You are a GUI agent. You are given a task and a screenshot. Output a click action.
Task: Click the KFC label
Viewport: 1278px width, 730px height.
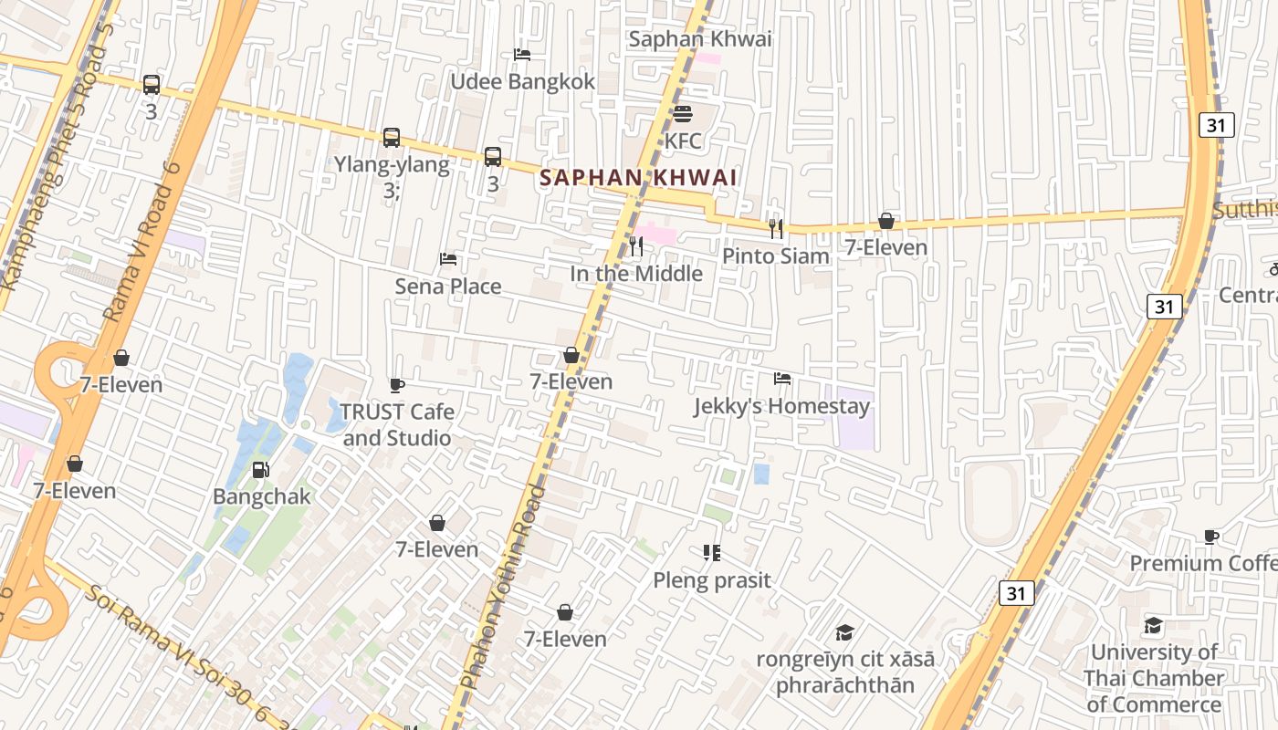click(x=683, y=141)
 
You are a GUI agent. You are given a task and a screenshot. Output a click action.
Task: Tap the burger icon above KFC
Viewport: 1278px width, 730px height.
click(x=683, y=114)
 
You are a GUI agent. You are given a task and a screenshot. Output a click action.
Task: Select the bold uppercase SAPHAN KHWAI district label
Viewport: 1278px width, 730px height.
click(x=638, y=177)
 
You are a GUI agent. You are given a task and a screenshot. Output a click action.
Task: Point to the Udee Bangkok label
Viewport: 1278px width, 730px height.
click(x=522, y=81)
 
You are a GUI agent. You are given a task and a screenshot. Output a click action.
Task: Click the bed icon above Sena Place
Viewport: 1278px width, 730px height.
click(x=448, y=259)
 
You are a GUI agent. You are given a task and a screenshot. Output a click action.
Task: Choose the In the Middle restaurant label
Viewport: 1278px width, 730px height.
click(x=636, y=273)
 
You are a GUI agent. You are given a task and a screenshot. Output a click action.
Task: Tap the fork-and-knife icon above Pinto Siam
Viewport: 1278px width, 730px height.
click(x=776, y=229)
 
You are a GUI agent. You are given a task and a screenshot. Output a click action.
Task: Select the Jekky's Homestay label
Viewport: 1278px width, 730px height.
click(x=781, y=405)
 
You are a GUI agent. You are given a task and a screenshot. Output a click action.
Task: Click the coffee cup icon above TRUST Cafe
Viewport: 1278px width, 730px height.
click(x=397, y=385)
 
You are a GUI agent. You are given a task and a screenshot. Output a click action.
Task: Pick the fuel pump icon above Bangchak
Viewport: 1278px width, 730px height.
click(x=261, y=470)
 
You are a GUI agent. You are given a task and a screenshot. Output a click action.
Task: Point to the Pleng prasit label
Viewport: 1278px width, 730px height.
click(x=712, y=579)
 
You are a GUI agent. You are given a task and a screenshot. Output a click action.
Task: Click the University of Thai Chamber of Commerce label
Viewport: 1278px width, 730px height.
click(x=1154, y=678)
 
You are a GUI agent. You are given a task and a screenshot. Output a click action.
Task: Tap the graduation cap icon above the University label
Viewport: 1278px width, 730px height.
click(x=1154, y=626)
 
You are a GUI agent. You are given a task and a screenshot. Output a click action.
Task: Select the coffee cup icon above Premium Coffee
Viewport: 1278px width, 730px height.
click(x=1211, y=537)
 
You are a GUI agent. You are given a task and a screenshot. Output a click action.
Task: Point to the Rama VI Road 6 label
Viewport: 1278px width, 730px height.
click(x=138, y=241)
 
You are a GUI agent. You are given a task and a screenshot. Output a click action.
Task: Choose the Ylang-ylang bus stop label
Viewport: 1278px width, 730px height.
click(x=392, y=164)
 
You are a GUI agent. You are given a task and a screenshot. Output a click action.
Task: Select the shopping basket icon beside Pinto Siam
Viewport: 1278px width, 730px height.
click(x=885, y=221)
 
